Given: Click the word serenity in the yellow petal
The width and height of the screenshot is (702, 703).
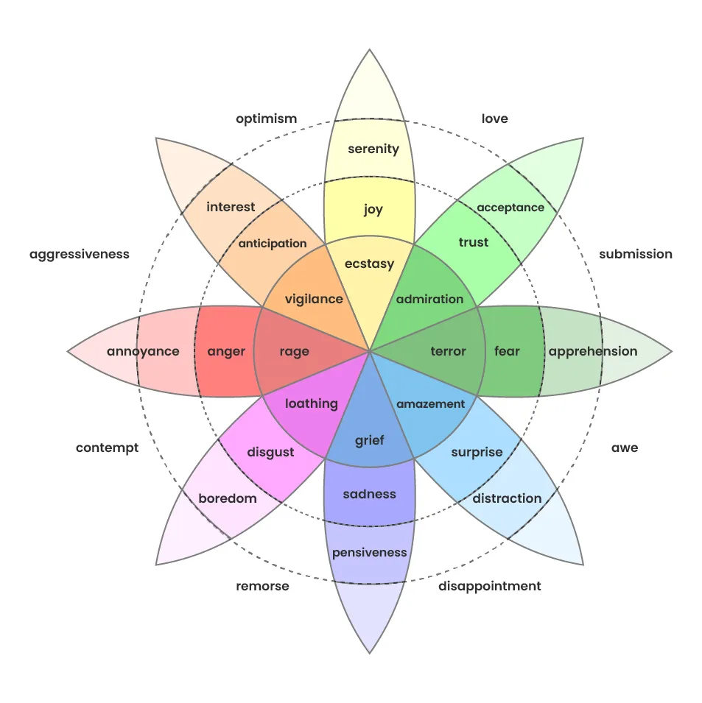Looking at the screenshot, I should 373,149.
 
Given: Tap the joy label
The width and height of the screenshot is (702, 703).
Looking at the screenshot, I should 373,210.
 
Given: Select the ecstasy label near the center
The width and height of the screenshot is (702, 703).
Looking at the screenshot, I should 370,264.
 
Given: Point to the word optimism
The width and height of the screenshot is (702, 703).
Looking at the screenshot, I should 266,119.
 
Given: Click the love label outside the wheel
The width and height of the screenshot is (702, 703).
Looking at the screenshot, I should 494,119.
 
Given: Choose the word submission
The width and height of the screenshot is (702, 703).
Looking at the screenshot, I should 635,254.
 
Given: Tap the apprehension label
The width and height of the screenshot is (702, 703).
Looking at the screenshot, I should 592,351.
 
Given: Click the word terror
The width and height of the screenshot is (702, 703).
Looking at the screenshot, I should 448,351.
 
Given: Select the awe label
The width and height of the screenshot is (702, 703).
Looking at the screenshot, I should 624,448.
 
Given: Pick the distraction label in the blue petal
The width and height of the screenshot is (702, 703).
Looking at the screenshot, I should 507,498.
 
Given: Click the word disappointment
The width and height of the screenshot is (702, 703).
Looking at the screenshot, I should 489,586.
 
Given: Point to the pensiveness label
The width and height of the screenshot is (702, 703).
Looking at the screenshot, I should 369,552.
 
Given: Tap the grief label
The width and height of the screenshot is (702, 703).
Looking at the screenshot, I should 369,441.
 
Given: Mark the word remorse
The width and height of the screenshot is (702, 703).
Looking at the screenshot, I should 262,586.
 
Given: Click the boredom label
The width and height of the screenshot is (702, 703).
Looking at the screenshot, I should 228,498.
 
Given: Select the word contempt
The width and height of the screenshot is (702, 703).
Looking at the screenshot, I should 107,448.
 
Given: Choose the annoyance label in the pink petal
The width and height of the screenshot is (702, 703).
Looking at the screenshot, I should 143,351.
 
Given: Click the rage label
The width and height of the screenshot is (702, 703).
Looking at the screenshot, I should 294,351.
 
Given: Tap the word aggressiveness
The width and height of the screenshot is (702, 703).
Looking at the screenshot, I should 79,254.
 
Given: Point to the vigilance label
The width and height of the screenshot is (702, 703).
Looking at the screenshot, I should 314,299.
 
